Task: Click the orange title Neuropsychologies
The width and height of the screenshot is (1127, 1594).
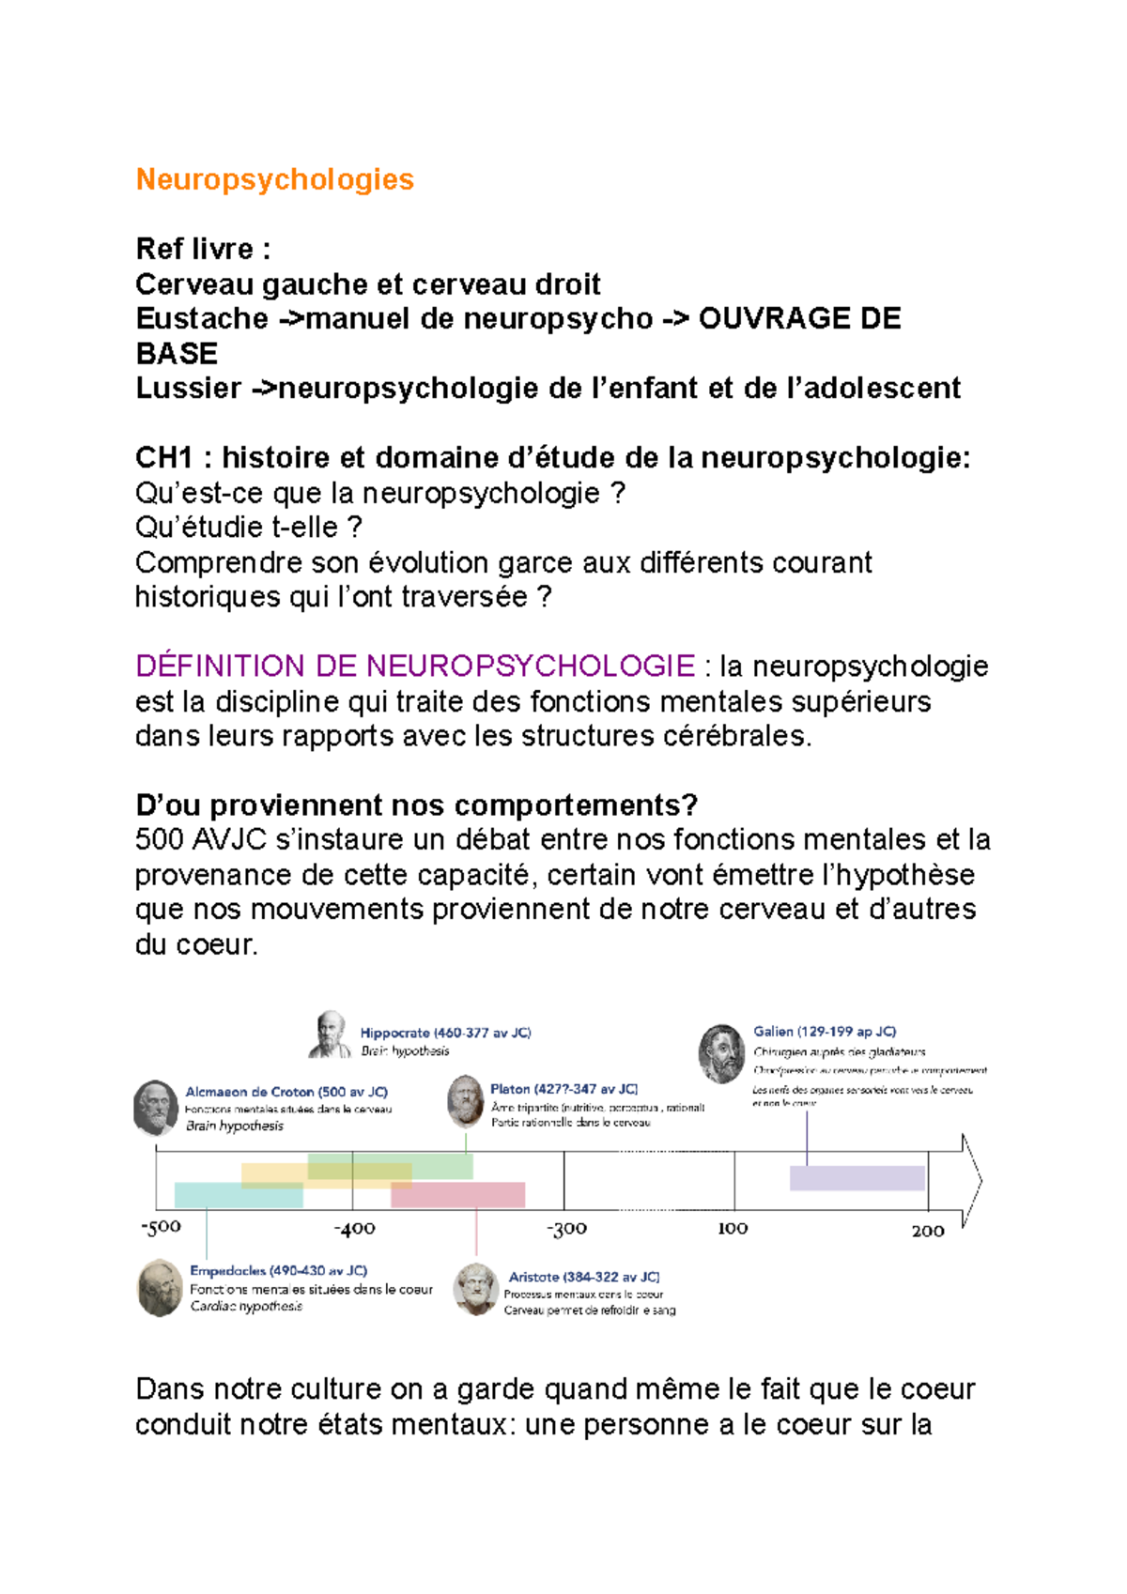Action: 274,179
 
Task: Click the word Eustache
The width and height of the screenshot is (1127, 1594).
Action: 201,319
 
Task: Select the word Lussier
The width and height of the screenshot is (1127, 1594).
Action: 188,389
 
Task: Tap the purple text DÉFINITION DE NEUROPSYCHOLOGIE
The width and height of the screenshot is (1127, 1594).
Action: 415,667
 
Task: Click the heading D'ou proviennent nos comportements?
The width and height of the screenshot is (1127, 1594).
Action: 416,805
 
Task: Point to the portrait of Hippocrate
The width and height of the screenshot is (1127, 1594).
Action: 330,1035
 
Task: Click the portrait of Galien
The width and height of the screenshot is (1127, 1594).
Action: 721,1052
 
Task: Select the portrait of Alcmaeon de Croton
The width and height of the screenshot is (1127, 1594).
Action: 156,1108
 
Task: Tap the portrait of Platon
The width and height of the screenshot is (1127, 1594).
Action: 465,1101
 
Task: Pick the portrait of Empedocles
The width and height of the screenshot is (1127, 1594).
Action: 160,1288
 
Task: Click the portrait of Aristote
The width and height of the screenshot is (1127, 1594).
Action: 475,1290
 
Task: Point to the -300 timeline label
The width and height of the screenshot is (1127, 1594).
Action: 566,1229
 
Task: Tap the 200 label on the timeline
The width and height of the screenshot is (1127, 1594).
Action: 927,1231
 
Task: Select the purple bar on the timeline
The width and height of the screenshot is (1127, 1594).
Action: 857,1178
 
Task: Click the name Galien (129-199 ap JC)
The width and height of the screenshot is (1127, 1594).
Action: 825,1032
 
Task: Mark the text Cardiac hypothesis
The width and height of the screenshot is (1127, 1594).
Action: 246,1307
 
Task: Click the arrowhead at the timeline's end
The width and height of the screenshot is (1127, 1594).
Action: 972,1181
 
